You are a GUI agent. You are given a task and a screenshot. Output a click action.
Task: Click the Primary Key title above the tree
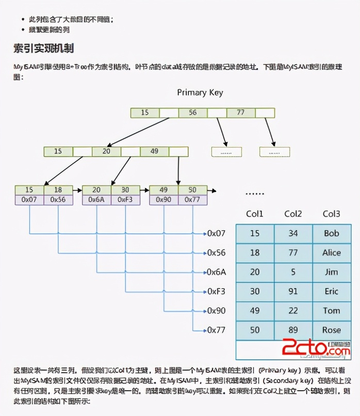coord(200,92)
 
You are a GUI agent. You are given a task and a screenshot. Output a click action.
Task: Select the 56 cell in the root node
coord(192,113)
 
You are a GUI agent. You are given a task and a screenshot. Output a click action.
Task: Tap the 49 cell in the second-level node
coord(154,151)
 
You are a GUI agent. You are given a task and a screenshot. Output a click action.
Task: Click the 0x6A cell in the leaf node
coord(96,199)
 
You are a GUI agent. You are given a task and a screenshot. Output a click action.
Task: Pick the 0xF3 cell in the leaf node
coord(125,199)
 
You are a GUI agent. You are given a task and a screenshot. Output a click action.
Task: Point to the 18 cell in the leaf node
coord(58,190)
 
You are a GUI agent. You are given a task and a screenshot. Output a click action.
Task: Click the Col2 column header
coord(293,214)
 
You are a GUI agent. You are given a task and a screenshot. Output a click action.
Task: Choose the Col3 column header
coord(331,214)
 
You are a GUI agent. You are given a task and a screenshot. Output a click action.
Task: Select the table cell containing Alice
coord(332,252)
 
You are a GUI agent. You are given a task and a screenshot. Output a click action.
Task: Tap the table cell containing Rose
coord(332,330)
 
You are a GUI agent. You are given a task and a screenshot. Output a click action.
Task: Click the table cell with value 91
coord(293,291)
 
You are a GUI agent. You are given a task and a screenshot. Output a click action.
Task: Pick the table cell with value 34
coord(293,233)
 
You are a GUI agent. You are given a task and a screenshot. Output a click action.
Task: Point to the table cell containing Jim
coord(332,272)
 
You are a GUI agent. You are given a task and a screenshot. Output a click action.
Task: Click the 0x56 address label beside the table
coord(217,252)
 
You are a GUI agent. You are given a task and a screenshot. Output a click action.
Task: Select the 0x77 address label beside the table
coord(217,330)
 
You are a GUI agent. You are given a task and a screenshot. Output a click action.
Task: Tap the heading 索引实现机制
coord(43,49)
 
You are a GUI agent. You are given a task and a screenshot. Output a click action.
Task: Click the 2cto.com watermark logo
coord(316,349)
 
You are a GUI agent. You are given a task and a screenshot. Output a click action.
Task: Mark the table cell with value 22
coord(293,311)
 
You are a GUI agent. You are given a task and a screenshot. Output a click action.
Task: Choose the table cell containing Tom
coord(332,311)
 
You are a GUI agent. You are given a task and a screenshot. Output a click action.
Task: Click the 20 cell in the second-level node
coord(106,151)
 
